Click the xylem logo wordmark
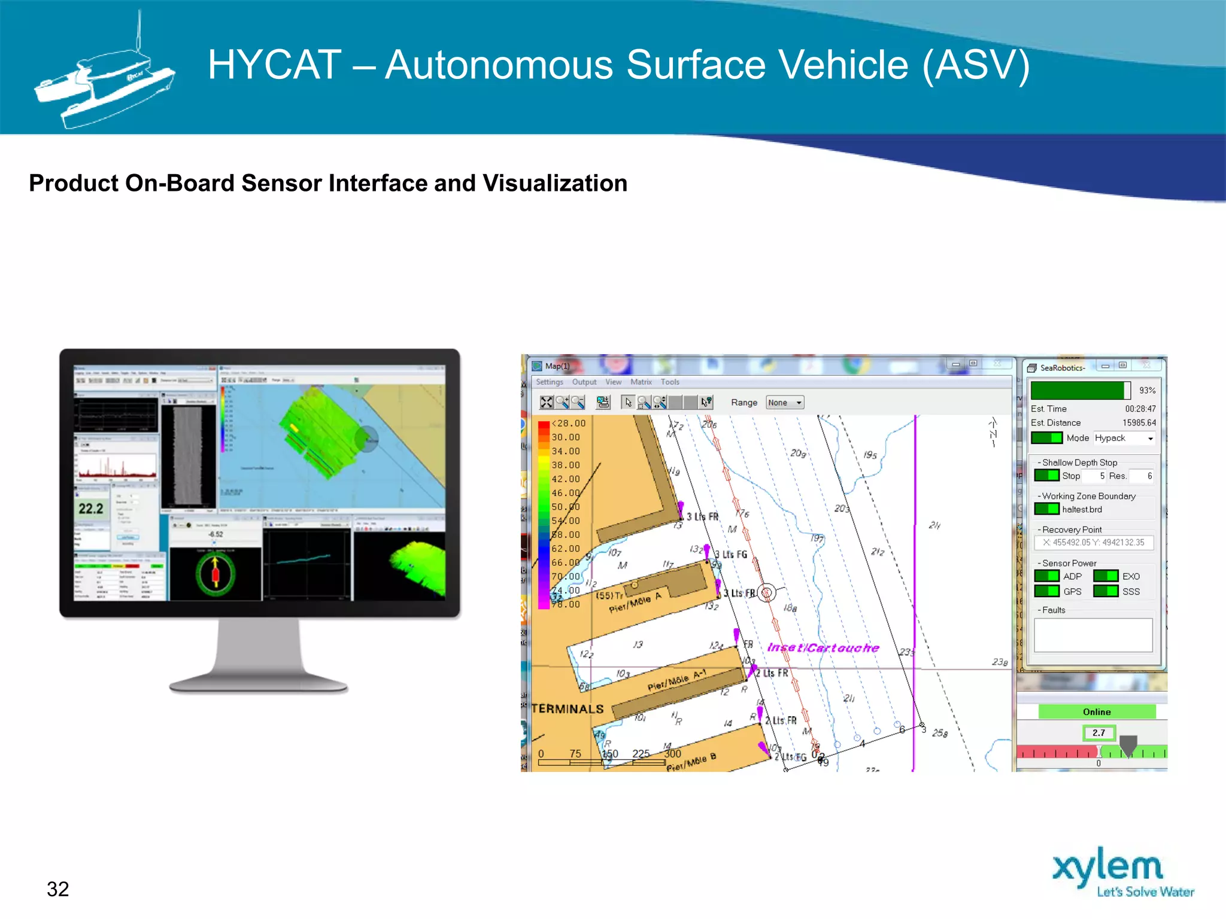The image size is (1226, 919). pos(1107,866)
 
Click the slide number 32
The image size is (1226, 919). pos(58,889)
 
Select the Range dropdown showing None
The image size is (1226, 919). pos(784,403)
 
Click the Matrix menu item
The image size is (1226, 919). pos(641,382)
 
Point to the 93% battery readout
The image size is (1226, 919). pos(1147,390)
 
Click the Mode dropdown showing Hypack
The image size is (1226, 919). pos(1124,438)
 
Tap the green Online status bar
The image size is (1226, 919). pos(1096,711)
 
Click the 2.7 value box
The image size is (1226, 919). pos(1098,732)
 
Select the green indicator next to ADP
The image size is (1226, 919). pos(1046,576)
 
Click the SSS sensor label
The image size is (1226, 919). pos(1131,591)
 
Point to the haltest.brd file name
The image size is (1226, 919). pos(1082,509)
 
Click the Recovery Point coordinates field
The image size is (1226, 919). pos(1093,542)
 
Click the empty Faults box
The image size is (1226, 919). pos(1093,635)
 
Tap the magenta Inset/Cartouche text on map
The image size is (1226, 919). pos(823,647)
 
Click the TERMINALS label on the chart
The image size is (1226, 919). pos(568,709)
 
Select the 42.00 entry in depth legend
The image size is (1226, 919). pos(566,479)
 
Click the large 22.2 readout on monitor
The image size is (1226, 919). pos(91,509)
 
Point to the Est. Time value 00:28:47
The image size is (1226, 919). pos(1140,409)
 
